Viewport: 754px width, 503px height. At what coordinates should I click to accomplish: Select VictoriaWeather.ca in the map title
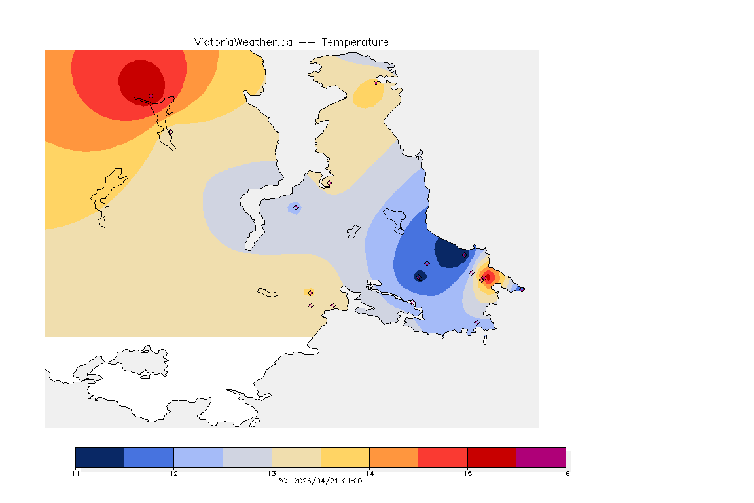pos(243,42)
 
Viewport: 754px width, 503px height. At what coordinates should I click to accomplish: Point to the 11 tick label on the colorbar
pos(76,473)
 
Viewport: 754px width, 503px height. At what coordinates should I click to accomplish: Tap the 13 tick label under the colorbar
pos(272,473)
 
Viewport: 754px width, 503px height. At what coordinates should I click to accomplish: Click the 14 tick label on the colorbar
pos(370,473)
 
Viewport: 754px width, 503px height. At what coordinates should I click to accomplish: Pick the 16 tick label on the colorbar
pos(565,473)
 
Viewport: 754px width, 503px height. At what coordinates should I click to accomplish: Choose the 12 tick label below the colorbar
pos(173,473)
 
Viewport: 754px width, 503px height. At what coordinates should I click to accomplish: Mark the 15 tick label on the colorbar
pos(467,473)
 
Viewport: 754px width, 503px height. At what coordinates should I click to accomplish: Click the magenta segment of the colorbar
pos(541,457)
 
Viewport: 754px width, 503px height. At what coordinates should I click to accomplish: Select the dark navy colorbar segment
pos(100,457)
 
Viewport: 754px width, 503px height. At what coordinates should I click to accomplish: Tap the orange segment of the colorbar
pos(394,457)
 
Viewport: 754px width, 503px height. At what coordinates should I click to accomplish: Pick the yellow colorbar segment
pos(345,457)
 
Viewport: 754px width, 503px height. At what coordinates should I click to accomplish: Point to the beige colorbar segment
pos(296,457)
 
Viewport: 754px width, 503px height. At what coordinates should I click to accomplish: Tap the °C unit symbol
pos(283,481)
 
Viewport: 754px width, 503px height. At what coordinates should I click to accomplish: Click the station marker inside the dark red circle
pos(151,96)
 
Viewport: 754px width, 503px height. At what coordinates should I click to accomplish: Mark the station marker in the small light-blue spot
pos(296,208)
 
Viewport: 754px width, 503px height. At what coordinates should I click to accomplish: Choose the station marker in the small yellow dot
pos(310,293)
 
